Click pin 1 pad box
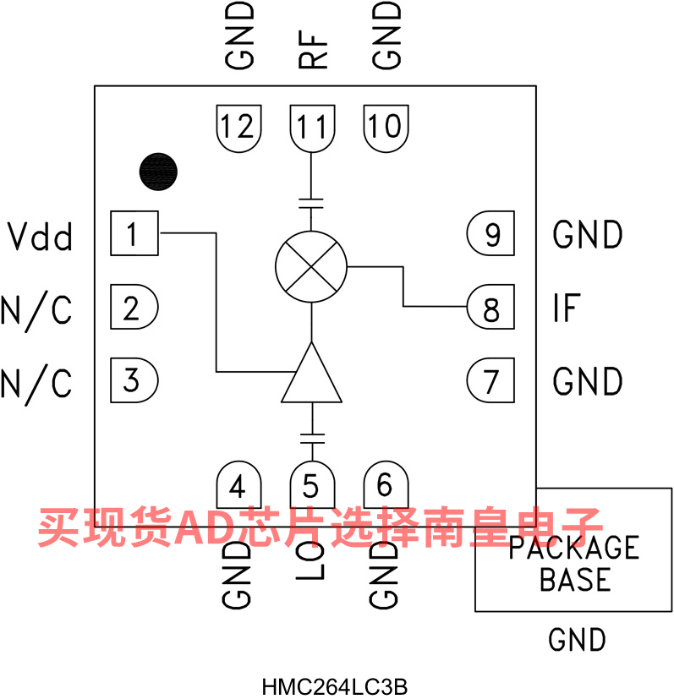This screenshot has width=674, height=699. point(134,233)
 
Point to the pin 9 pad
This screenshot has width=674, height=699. point(490,235)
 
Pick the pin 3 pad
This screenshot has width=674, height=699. point(134,380)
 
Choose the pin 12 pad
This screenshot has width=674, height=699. point(238,127)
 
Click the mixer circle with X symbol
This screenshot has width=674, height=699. point(312,267)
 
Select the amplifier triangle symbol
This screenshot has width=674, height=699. point(312,376)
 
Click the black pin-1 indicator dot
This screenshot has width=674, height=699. point(158,172)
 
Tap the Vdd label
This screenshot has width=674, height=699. point(40,237)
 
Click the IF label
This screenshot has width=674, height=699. point(566,309)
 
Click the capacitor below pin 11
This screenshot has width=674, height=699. point(312,201)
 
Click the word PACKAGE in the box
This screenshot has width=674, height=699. point(573,549)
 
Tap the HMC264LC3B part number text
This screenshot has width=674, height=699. point(328,685)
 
